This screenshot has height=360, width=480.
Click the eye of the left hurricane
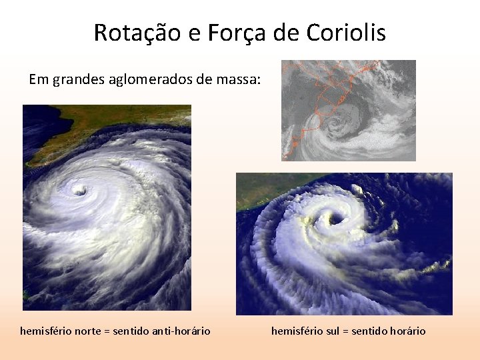click(x=80, y=191)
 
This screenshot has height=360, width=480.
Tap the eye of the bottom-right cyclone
click(x=334, y=219)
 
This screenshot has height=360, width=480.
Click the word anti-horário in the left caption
click(x=181, y=331)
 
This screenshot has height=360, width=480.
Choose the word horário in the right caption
click(x=406, y=331)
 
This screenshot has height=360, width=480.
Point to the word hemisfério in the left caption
click(x=45, y=331)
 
